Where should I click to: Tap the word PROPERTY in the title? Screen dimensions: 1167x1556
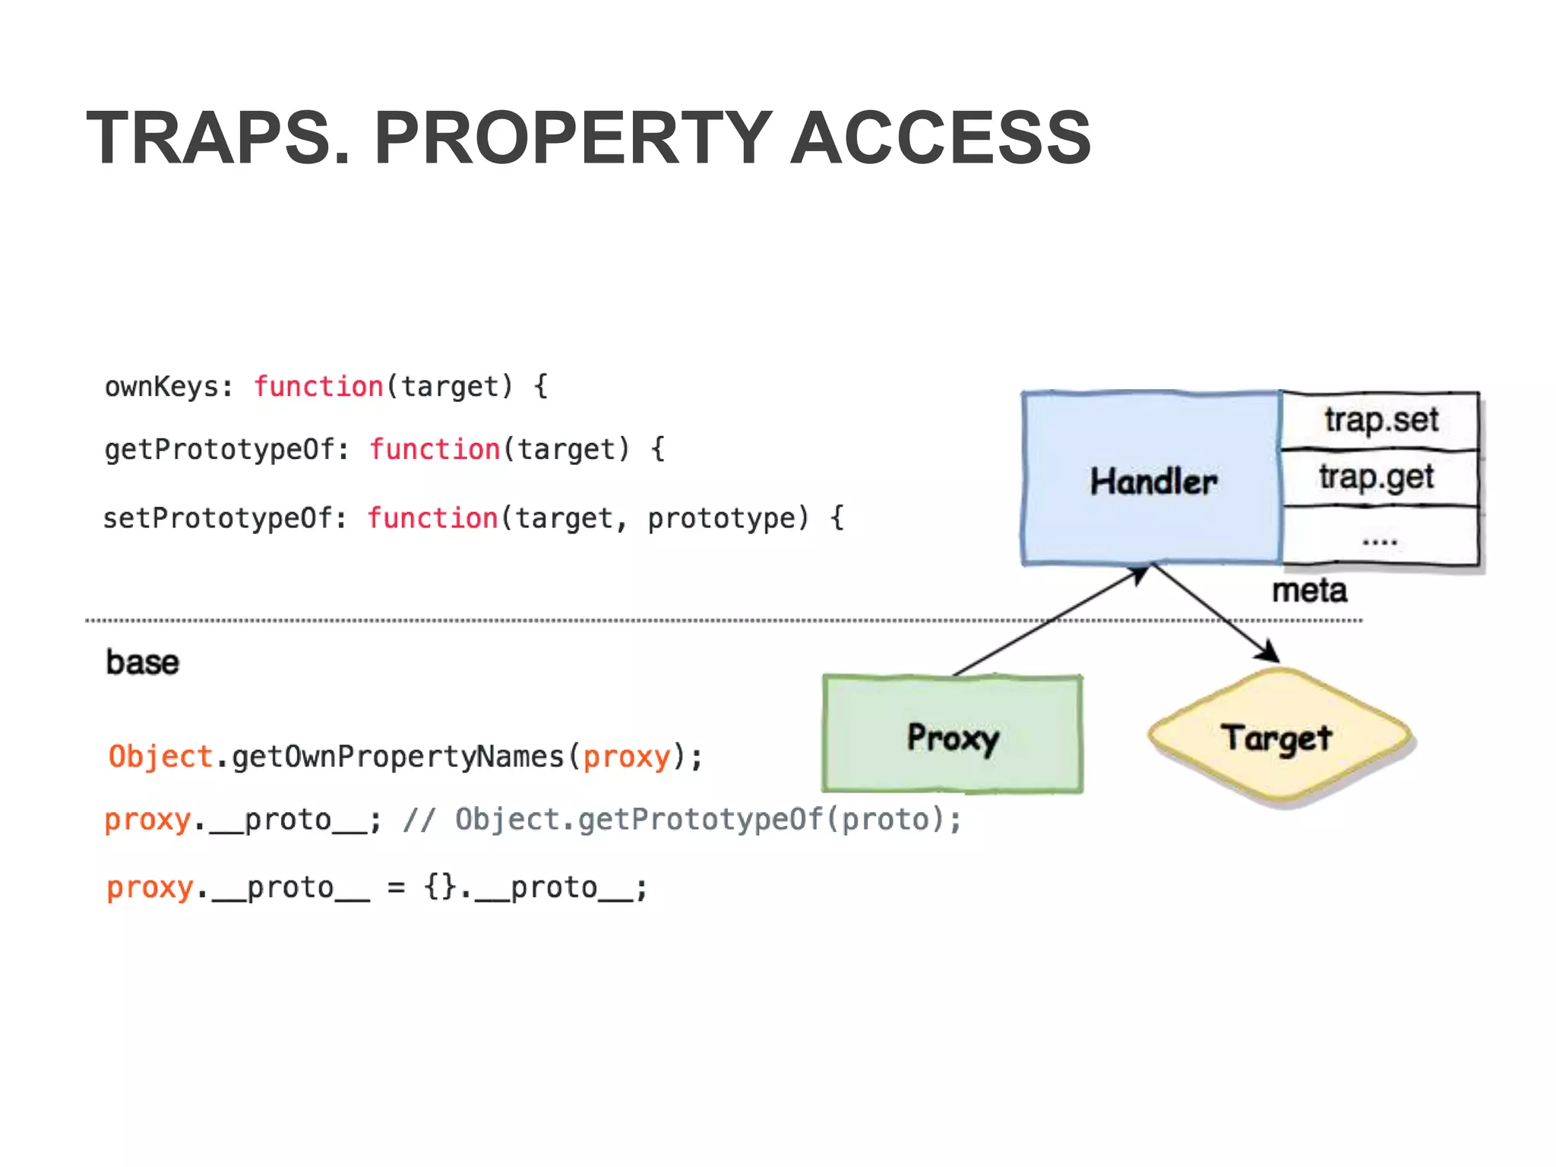pyautogui.click(x=574, y=138)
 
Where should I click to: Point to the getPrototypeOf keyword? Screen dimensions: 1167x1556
pyautogui.click(x=219, y=450)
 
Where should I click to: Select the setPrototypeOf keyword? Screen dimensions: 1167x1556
pyautogui.click(x=217, y=519)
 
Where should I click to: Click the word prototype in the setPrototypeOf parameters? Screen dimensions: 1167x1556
pyautogui.click(x=727, y=519)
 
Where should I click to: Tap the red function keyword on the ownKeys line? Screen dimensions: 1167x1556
pyautogui.click(x=318, y=387)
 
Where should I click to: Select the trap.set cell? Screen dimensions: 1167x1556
pyautogui.click(x=1380, y=420)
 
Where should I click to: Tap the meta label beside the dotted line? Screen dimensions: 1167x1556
pyautogui.click(x=1309, y=591)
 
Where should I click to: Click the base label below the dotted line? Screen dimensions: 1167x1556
pyautogui.click(x=142, y=663)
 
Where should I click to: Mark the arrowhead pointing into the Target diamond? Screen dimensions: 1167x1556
pyautogui.click(x=1269, y=653)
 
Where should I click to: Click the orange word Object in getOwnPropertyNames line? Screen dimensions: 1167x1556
pyautogui.click(x=160, y=757)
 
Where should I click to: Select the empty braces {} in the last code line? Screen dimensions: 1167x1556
pyautogui.click(x=440, y=887)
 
